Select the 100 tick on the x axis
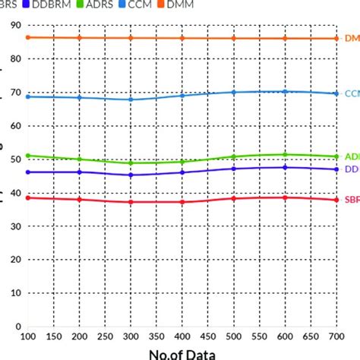click(x=28, y=336)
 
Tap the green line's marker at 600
click(x=285, y=155)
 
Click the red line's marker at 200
click(x=79, y=200)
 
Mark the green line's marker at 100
click(x=28, y=156)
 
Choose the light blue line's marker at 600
click(x=285, y=91)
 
